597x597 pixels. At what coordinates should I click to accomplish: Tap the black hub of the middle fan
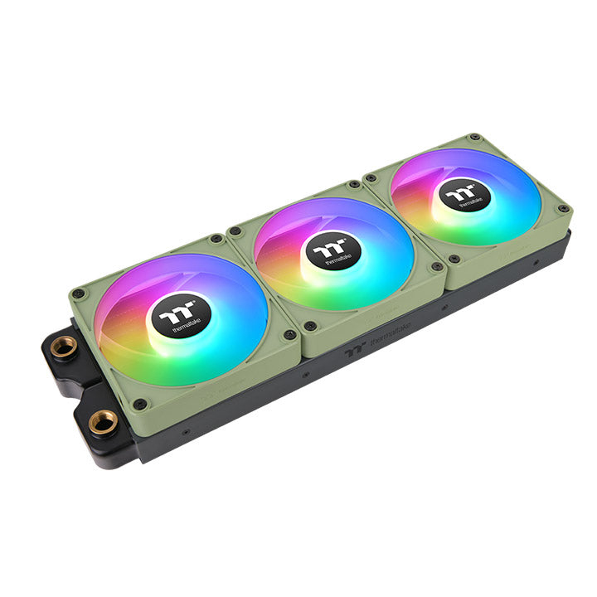tap(332, 250)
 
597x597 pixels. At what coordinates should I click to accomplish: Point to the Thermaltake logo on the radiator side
tap(377, 341)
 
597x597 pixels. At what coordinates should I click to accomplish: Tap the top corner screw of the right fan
tap(473, 137)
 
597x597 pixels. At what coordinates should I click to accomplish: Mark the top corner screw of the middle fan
tap(355, 184)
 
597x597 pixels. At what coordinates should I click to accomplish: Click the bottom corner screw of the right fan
tap(454, 259)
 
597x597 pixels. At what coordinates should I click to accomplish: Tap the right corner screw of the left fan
tap(289, 335)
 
